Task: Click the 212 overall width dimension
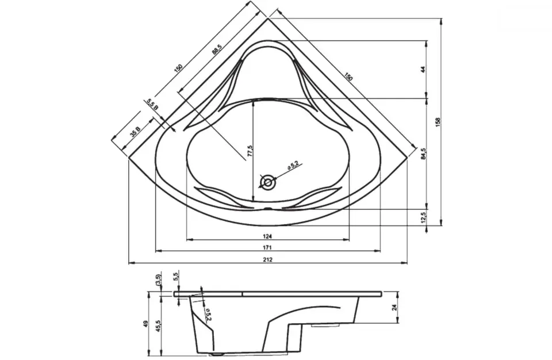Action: [267, 259]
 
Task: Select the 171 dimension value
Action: [267, 248]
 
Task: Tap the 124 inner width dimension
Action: [267, 236]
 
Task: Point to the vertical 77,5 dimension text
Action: [250, 151]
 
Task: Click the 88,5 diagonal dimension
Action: [217, 49]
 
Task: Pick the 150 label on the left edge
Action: [178, 67]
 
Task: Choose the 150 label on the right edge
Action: [348, 77]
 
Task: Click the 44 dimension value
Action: [424, 70]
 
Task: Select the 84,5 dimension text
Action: [424, 154]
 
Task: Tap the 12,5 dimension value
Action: [424, 217]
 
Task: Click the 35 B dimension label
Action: [135, 131]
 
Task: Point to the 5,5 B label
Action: [153, 104]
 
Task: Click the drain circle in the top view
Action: [268, 182]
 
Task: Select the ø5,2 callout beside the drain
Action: [293, 164]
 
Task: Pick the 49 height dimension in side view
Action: [146, 323]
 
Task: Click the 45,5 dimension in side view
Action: [159, 325]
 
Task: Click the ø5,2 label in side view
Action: [208, 313]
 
